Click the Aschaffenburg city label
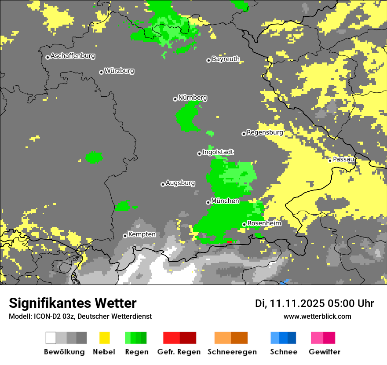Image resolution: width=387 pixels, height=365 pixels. tap(73, 56)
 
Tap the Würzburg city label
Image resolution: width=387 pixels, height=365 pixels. tap(119, 71)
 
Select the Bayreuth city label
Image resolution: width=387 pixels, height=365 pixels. tap(226, 59)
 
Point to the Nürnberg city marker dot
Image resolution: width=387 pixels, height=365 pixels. tap(175, 99)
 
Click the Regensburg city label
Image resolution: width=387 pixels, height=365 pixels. tap(265, 132)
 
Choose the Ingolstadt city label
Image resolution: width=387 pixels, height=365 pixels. tap(218, 152)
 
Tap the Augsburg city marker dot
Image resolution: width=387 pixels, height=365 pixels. tap(163, 184)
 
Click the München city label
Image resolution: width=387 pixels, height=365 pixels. tap(225, 201)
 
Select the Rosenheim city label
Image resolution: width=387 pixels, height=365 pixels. tap(264, 223)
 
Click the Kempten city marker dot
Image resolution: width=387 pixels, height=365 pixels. tap(125, 236)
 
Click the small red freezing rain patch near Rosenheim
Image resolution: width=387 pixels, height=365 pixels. tap(229, 241)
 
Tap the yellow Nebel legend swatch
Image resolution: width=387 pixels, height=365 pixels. tap(104, 338)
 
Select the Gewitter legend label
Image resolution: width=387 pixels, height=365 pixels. tap(324, 352)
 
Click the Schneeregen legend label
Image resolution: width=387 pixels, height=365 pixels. tap(232, 352)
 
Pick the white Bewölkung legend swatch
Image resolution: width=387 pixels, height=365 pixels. tap(51, 338)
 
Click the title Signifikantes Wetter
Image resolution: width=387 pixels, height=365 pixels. tap(73, 303)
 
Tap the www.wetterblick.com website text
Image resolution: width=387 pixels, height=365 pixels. tap(317, 317)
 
